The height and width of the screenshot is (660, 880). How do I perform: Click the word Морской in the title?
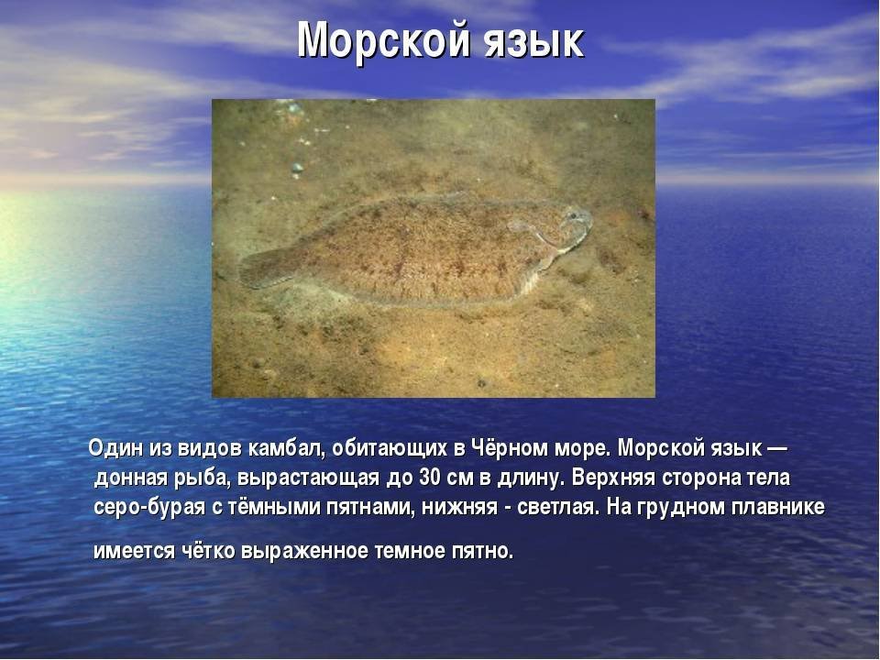tap(382, 40)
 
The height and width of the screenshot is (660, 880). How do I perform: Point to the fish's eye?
tap(573, 214)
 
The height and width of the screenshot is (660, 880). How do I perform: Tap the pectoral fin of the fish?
tap(523, 226)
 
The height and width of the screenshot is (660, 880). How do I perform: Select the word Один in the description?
tap(115, 448)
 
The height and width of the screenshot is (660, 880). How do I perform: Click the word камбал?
tap(284, 449)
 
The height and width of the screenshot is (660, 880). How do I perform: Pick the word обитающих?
tap(390, 449)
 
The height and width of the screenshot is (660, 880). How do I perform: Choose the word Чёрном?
tap(511, 448)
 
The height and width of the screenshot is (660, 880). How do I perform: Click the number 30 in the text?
tap(430, 478)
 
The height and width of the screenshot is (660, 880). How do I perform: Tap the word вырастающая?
tap(308, 478)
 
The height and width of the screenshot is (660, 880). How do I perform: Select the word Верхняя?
tap(613, 478)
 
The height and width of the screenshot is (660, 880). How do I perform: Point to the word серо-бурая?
tap(149, 508)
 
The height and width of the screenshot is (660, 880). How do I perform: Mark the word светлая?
tap(558, 507)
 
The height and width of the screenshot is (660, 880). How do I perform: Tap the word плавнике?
tap(778, 507)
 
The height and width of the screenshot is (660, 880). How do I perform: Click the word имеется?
tap(134, 551)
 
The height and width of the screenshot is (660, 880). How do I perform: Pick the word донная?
tap(131, 478)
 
